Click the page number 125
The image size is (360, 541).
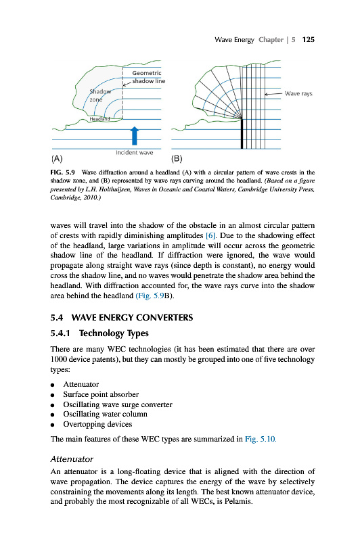coord(308,40)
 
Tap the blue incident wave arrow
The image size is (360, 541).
coord(135,136)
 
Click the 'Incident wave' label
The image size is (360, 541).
coord(134,153)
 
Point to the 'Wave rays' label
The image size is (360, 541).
coord(298,93)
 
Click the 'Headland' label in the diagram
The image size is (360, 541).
coord(99,119)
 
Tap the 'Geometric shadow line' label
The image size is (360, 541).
coord(148,77)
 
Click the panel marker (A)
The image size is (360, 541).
coord(57,159)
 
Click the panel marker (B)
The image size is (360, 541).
coord(177,159)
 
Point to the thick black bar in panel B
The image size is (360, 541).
coord(242,133)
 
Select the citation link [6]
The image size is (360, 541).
coord(210,235)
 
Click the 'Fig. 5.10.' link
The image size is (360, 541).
coord(261,439)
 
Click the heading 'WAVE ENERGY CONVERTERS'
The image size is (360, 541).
coord(132,317)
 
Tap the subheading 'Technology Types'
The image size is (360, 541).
coord(114,333)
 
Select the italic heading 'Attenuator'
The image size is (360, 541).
coord(72,459)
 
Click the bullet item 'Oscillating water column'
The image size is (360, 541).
coord(106,414)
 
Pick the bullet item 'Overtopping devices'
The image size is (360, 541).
coord(97,424)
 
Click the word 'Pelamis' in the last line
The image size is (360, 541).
coord(238,501)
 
